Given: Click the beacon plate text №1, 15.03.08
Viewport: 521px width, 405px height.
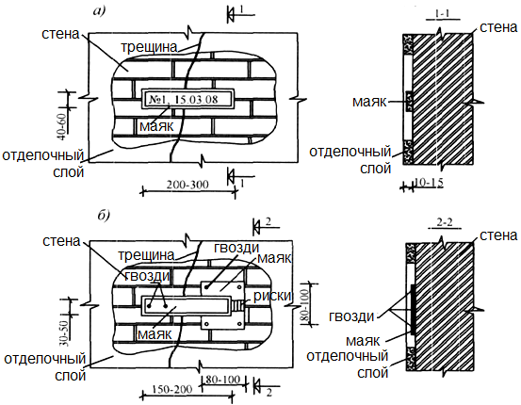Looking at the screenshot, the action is click(184, 99).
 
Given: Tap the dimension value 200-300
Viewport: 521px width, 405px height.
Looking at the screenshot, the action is click(187, 184).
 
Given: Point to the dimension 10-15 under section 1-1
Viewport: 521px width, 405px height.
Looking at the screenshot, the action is click(429, 182).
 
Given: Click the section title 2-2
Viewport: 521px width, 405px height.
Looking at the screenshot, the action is click(445, 222).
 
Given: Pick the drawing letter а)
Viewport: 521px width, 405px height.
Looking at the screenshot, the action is click(99, 11).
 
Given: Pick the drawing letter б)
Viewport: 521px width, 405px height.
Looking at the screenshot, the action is click(104, 216).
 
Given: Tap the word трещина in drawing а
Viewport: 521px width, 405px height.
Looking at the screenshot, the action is click(149, 47).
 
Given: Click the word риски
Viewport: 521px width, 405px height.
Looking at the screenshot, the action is click(272, 296).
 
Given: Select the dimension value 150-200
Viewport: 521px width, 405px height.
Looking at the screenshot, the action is click(172, 389).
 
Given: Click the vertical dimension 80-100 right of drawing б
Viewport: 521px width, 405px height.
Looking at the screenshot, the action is click(305, 302).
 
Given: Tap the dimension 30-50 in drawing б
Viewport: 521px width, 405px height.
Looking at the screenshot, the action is click(65, 333).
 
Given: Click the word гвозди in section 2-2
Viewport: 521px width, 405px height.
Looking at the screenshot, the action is click(351, 316).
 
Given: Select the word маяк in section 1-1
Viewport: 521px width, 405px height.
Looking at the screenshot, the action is click(369, 102).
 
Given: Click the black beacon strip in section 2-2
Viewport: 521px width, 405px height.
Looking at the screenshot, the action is click(413, 309).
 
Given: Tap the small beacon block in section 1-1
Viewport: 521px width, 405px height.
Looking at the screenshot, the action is click(408, 101).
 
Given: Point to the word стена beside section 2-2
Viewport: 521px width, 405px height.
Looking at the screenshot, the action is click(498, 235).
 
